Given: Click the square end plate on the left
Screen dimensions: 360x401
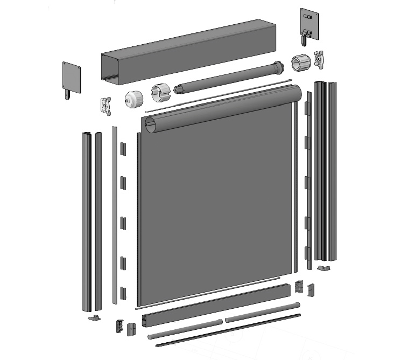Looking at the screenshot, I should click(71, 77).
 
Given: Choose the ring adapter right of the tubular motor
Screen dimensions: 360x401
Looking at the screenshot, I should click(300, 63).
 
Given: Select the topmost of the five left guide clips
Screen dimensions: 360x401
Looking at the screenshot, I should click(123, 147).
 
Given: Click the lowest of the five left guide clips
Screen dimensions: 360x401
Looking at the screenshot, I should click(123, 293).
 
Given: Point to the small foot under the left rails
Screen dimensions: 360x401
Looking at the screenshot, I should click(94, 317).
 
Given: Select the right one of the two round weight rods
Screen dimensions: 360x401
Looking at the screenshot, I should click(262, 313).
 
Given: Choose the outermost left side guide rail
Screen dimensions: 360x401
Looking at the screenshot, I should click(86, 221).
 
